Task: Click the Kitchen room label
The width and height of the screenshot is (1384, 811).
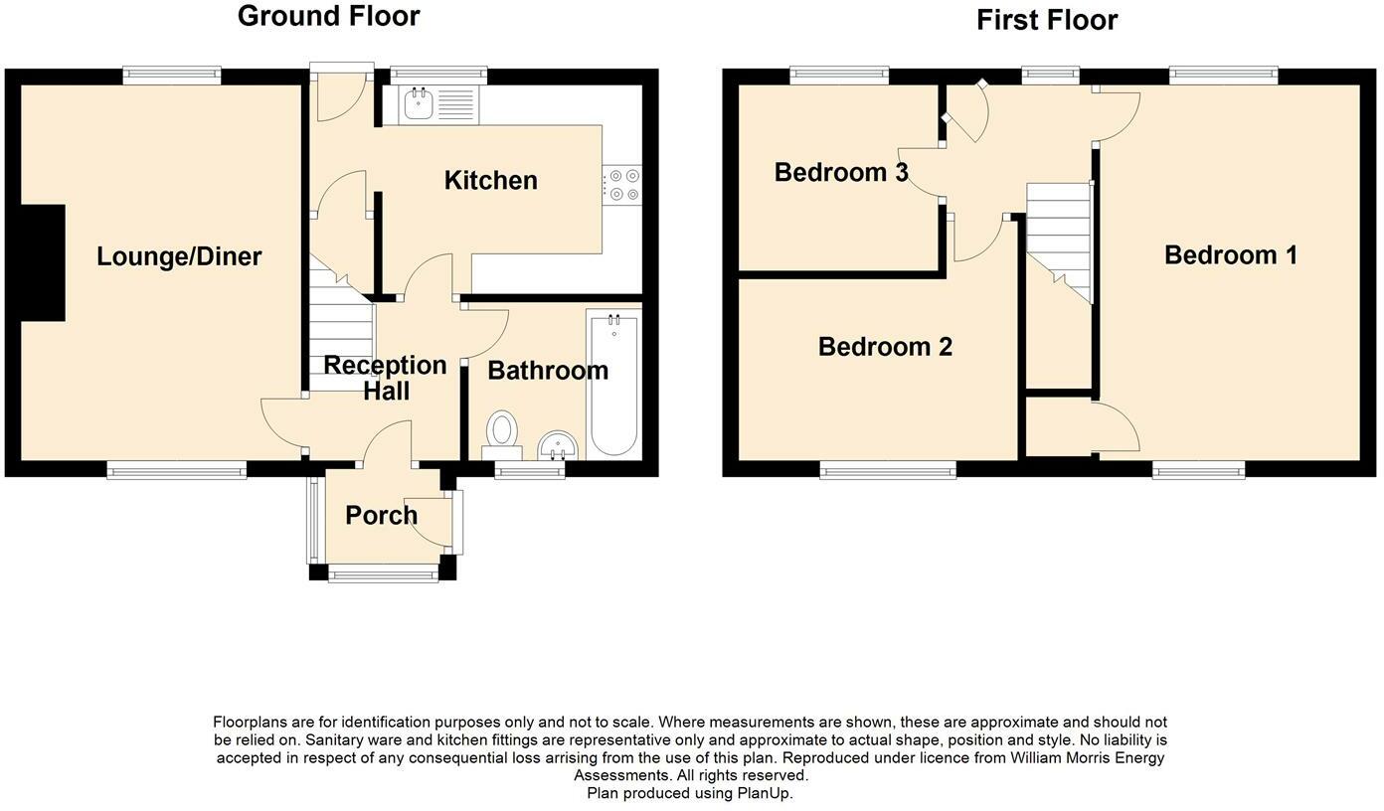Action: [490, 180]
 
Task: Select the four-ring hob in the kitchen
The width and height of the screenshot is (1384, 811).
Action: [622, 185]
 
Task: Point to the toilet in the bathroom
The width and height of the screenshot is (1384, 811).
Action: [502, 435]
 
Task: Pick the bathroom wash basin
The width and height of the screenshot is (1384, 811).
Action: [558, 445]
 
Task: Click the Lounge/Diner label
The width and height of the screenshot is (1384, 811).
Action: [179, 256]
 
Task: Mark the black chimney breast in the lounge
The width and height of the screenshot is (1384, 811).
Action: [44, 263]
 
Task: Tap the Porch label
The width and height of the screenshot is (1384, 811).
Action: [381, 515]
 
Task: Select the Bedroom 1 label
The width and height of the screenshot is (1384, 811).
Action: [1231, 255]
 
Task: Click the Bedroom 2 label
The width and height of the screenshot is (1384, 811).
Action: [885, 347]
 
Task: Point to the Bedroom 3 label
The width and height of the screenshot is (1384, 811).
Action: [841, 172]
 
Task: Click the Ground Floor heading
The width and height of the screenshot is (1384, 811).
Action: [329, 16]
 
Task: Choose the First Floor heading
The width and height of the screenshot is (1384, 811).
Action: [1047, 21]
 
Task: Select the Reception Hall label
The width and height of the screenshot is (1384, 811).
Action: [386, 378]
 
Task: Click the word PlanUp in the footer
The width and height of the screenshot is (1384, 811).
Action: [763, 793]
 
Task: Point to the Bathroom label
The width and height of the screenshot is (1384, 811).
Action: [548, 371]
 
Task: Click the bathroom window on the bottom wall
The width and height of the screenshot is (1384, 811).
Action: [530, 471]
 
